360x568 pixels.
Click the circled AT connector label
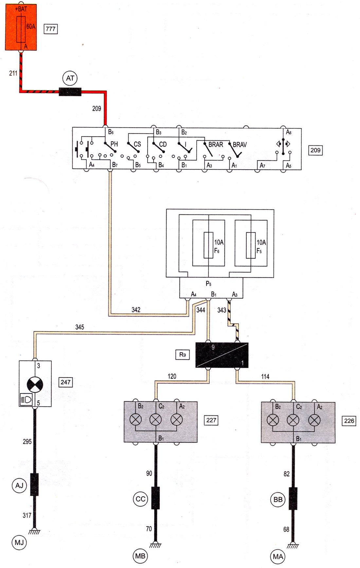[x=70, y=78]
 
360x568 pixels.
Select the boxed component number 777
[x=51, y=29]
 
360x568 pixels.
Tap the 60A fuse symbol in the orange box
[x=21, y=29]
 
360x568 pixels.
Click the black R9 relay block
[x=222, y=355]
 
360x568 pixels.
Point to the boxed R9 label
[x=182, y=354]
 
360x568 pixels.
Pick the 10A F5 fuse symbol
[x=251, y=245]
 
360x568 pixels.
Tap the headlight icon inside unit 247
[x=27, y=399]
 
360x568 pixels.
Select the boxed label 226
[x=349, y=421]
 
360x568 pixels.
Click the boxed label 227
[x=211, y=420]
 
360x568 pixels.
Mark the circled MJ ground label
[x=19, y=543]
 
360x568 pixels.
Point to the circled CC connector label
[x=140, y=499]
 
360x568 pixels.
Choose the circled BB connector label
[x=278, y=500]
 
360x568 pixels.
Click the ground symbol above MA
[x=293, y=545]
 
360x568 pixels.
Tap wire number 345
[x=80, y=327]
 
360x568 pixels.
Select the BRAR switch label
[x=216, y=144]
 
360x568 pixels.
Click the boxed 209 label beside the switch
[x=315, y=150]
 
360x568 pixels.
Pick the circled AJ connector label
[x=19, y=485]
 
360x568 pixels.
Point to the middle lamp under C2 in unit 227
[x=156, y=419]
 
